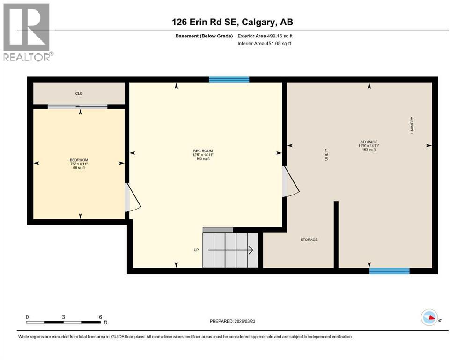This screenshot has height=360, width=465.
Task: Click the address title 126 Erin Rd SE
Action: [232, 22]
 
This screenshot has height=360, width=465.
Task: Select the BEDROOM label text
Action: [79, 160]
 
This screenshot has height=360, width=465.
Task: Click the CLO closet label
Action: [79, 93]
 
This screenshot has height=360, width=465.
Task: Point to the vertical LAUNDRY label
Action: [413, 125]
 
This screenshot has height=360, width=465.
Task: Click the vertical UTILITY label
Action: [326, 155]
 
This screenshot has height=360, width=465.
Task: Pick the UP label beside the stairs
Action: [196, 250]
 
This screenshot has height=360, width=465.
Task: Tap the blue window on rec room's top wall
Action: [229, 80]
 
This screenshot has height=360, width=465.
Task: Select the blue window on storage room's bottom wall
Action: [389, 270]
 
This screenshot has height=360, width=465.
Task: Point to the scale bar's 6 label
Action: [100, 317]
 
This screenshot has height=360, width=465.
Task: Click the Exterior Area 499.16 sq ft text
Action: [266, 36]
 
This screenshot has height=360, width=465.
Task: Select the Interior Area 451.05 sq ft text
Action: [265, 44]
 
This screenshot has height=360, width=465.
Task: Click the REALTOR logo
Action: [27, 32]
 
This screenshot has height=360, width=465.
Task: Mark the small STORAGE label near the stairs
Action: [309, 240]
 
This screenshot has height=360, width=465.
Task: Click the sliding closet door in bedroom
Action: [78, 106]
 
